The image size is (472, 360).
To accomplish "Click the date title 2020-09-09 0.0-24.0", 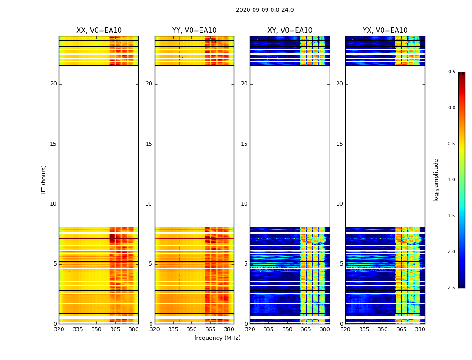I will (x=265, y=10).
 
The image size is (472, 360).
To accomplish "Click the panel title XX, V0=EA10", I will (x=99, y=31).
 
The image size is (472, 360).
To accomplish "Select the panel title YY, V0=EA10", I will (x=194, y=31).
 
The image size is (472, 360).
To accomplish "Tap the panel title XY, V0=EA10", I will (x=289, y=31).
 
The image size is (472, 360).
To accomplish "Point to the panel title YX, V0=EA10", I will (x=385, y=31).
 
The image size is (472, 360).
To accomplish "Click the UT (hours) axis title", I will (x=44, y=180).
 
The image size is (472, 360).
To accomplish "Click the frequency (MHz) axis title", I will (x=217, y=338).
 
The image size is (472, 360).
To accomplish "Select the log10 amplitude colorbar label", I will (x=436, y=180).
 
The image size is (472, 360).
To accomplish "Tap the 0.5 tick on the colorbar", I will (x=451, y=72).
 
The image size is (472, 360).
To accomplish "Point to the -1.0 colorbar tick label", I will (x=450, y=180).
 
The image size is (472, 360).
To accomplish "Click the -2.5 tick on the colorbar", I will (x=450, y=288).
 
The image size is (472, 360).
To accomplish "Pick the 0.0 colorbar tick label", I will (x=451, y=108).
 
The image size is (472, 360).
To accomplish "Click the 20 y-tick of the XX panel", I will (x=53, y=84).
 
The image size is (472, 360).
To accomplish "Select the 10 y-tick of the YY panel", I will (x=149, y=204).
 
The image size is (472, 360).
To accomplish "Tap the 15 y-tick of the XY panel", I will (x=244, y=144).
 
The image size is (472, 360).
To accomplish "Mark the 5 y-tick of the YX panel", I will (x=341, y=264).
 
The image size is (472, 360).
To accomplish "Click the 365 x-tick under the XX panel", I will (x=115, y=329).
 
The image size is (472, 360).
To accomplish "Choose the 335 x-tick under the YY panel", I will (x=173, y=329).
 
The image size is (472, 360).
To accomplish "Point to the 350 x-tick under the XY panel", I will (x=287, y=329).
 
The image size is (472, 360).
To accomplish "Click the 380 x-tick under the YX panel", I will (x=420, y=329).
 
